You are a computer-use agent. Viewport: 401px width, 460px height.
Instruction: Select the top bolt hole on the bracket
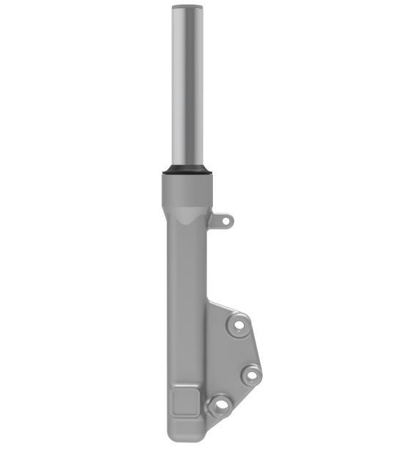(x=239, y=325)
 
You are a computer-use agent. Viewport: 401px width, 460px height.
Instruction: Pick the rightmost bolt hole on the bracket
(x=250, y=375)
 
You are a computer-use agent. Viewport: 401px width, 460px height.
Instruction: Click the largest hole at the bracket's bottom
(x=220, y=405)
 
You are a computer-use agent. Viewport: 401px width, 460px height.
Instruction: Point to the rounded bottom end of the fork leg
(x=188, y=439)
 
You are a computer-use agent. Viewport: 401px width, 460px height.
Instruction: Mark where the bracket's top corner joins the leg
(x=209, y=302)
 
